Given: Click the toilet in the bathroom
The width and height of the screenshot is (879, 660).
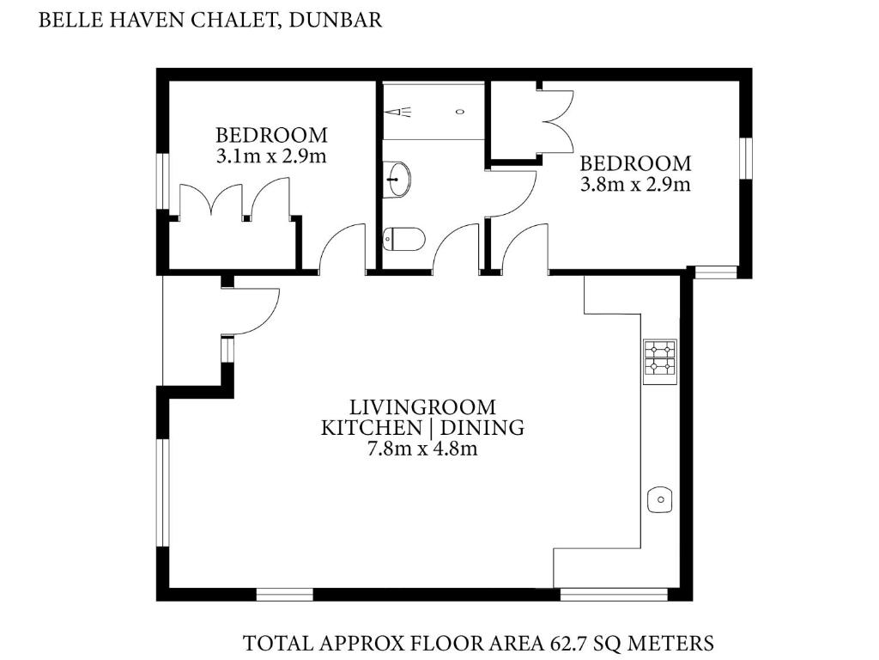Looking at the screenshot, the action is (403, 239).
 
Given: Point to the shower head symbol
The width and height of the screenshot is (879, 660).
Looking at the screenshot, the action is (398, 112).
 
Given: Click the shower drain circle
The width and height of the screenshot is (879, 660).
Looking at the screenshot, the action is (461, 112).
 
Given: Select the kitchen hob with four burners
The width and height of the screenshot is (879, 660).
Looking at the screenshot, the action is (660, 362).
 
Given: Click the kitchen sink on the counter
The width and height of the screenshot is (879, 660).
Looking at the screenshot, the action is (660, 499).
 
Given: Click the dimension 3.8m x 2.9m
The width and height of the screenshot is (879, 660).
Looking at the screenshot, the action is (635, 184).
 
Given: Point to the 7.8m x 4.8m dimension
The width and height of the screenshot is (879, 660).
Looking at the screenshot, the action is (422, 449).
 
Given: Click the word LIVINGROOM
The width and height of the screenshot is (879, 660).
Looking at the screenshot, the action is (422, 406).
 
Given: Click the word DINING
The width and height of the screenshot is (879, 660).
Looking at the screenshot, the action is (482, 428).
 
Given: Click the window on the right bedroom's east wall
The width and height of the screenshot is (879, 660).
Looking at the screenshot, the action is (745, 159).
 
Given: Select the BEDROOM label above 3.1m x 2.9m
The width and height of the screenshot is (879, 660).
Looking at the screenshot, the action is (272, 135).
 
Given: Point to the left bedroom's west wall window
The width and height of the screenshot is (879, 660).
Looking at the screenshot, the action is (162, 181).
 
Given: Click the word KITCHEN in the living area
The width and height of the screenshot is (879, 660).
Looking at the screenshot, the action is (371, 428).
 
